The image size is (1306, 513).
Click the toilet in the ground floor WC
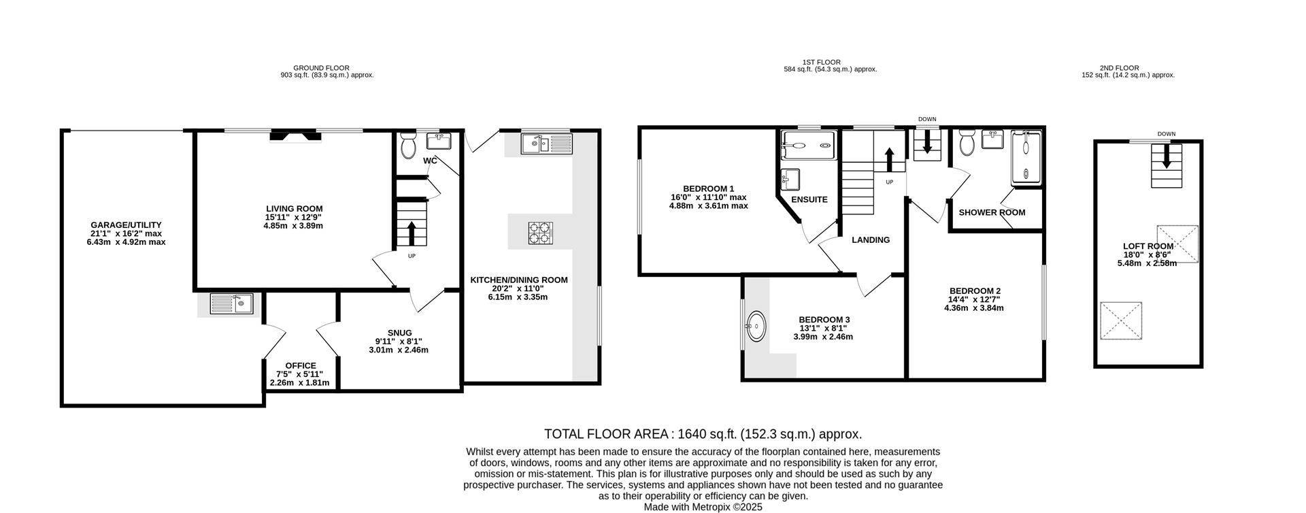point(408,146)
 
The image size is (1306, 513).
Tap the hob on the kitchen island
point(541,233)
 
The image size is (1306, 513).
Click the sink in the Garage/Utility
point(231,303)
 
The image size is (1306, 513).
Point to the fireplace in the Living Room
point(295,136)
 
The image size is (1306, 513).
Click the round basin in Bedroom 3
point(756,327)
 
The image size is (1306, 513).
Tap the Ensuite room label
point(809,200)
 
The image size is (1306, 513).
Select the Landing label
point(871,240)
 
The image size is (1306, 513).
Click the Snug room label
point(399,333)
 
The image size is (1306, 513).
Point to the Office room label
point(301,365)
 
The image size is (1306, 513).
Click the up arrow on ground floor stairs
point(411,233)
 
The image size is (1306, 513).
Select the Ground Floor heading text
point(321,68)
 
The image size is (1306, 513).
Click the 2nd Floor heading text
point(1119,68)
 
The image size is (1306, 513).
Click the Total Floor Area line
point(703,434)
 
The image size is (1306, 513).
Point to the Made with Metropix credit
point(703,507)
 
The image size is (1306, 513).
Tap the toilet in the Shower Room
point(967,144)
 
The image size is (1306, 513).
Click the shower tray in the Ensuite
point(807,142)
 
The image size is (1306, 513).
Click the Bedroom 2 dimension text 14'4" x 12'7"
point(974,299)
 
